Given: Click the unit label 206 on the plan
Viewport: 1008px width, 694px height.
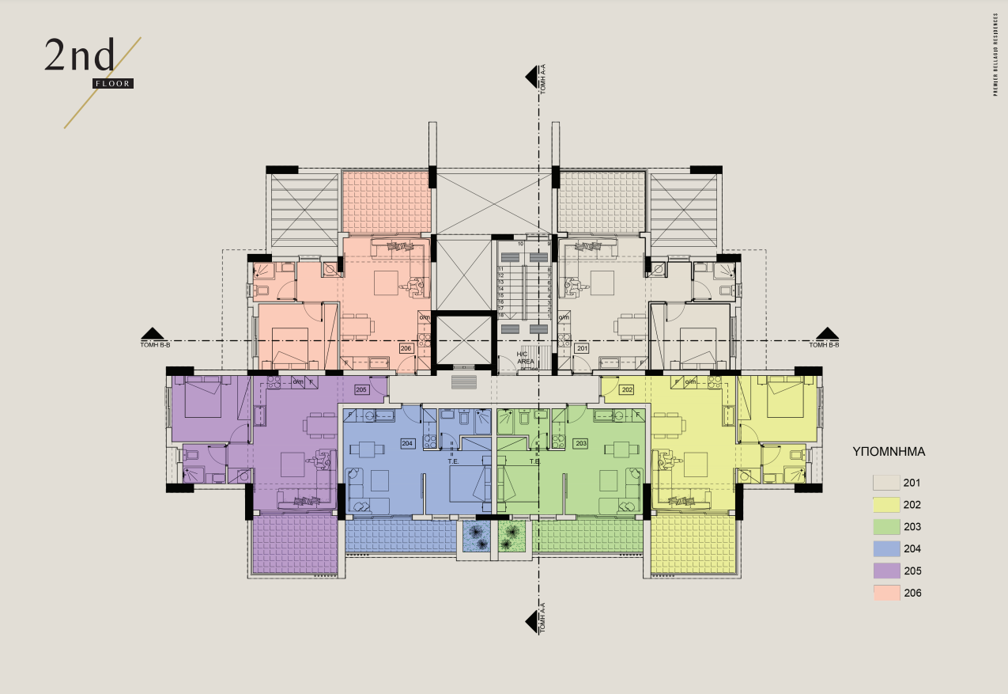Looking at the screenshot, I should click(406, 348).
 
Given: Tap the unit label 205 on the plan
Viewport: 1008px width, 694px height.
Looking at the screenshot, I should click(361, 389).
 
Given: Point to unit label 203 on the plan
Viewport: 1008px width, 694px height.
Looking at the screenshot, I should click(581, 443).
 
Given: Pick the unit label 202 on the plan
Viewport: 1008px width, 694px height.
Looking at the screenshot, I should click(628, 389).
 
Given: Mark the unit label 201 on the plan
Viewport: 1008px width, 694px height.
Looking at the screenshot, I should click(582, 348).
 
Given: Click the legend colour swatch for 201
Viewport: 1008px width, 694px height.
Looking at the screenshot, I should click(886, 483).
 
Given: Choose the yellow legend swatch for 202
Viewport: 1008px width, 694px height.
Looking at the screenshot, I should click(886, 505).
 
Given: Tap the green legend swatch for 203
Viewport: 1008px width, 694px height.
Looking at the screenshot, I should click(886, 527).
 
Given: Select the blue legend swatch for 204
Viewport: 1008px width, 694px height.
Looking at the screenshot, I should click(886, 549).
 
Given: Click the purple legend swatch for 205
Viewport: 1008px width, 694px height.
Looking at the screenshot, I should click(886, 571).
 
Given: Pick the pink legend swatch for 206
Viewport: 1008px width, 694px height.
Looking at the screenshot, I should click(886, 594).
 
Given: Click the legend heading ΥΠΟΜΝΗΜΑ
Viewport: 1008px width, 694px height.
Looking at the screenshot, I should click(889, 453).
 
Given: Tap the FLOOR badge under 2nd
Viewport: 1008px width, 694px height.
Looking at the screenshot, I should click(112, 83).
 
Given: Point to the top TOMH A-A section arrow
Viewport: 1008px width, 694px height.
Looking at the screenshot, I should click(533, 77).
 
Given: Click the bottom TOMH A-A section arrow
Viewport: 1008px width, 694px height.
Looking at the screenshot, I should click(533, 620).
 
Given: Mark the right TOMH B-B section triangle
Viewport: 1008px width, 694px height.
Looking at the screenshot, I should click(827, 333).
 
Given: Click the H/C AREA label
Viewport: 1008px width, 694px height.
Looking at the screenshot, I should click(526, 358).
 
